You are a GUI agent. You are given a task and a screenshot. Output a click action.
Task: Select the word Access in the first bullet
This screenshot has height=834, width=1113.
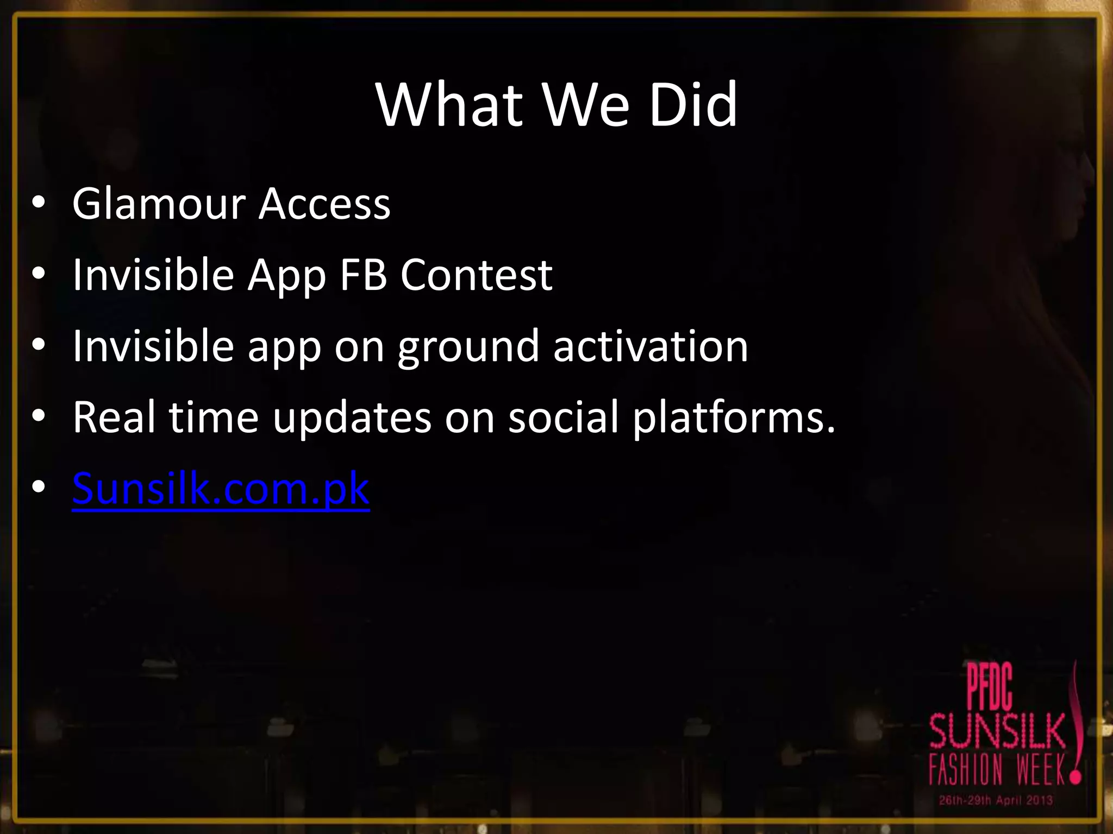point(324,204)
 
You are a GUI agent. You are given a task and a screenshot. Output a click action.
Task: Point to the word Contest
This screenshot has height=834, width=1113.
point(476,274)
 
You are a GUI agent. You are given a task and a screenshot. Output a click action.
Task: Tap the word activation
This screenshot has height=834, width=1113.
point(651,346)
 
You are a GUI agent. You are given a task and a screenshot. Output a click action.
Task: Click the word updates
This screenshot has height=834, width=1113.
point(352,418)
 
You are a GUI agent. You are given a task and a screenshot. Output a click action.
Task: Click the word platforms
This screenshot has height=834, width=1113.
point(734,418)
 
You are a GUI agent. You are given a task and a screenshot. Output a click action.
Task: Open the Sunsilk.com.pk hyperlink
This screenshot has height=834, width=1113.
point(221,489)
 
